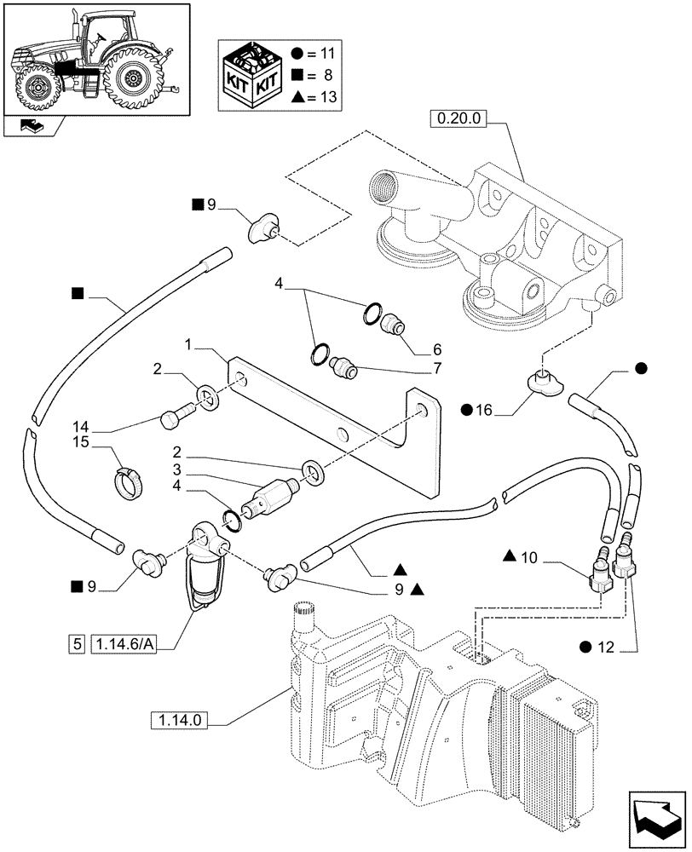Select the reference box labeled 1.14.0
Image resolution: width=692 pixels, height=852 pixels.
point(182,721)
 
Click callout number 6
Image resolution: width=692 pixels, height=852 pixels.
point(412,349)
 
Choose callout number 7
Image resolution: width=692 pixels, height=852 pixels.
point(412,368)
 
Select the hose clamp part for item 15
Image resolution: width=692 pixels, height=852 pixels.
point(129,483)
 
